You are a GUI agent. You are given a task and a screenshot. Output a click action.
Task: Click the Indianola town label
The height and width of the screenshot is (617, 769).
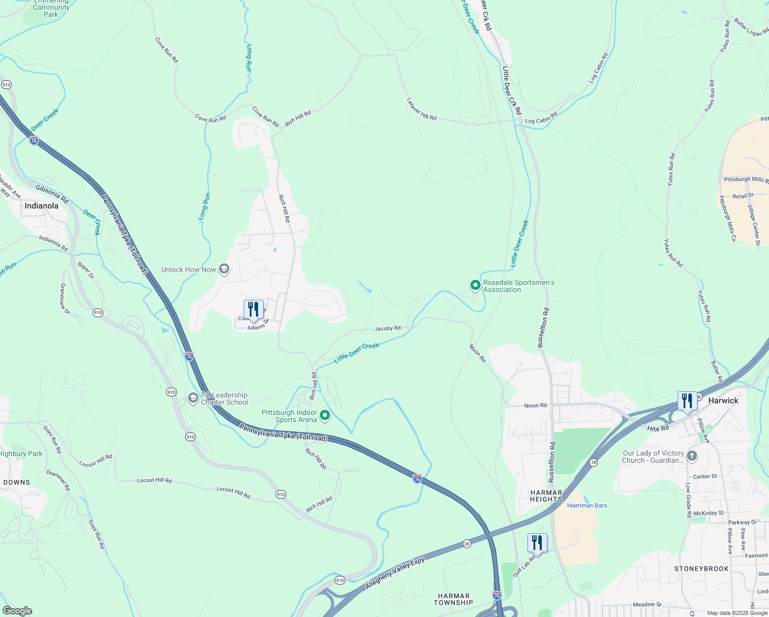pos(42,206)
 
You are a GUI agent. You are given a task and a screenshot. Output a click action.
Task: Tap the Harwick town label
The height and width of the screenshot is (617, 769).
pos(723,401)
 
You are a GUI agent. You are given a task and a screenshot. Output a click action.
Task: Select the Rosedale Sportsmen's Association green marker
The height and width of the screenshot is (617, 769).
pos(475,285)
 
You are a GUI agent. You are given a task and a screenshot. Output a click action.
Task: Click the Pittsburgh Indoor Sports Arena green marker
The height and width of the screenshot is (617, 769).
pos(325,415)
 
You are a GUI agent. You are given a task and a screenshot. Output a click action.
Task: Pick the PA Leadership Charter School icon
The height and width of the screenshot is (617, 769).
pos(193,398)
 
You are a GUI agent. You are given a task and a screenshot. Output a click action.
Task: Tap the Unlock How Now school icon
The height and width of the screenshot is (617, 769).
pos(224,269)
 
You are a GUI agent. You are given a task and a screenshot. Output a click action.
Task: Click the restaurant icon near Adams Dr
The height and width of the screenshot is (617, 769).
pos(253,310)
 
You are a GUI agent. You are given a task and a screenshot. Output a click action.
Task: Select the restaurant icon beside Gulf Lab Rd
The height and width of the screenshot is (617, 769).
pos(537,543)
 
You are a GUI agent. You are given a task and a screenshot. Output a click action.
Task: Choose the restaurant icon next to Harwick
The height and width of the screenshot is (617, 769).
pos(687,401)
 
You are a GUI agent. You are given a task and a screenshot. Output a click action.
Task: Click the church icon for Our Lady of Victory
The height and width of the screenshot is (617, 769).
pos(692,456)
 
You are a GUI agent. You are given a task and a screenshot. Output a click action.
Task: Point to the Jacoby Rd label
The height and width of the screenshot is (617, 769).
pos(388,328)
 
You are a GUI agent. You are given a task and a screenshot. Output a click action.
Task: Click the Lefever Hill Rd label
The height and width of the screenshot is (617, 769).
pos(422,110)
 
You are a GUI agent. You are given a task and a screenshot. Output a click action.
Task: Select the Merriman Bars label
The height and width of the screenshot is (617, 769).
pos(587,505)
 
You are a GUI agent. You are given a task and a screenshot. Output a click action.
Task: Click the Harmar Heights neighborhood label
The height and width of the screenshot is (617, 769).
pos(546,496)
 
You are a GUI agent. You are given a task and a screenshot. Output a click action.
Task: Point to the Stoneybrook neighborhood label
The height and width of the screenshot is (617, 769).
pos(702,569)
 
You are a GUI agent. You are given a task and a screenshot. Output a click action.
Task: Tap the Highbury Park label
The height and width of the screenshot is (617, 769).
pos(21,453)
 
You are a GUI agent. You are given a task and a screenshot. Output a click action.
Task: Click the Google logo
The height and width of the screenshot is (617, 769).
pos(17,610)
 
